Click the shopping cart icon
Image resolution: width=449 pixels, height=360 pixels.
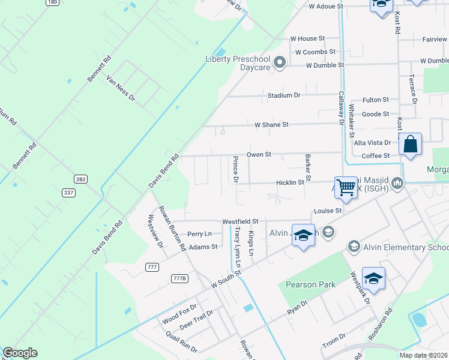tap(346, 188)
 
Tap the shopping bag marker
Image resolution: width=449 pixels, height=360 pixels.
tap(411, 145)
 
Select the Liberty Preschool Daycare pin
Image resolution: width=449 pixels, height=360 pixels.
tap(279, 62)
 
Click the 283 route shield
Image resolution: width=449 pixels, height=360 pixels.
tap(80, 179)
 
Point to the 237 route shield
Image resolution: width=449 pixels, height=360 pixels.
tap(70, 191)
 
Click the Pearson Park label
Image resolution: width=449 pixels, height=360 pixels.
tap(310, 284)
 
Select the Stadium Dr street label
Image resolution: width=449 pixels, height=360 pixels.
tap(284, 95)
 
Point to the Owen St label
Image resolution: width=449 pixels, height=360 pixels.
tap(259, 154)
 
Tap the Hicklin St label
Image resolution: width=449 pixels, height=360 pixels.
tap(290, 182)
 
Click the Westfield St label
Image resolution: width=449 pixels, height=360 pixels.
tap(240, 221)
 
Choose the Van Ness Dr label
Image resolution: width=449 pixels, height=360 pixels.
tap(121, 88)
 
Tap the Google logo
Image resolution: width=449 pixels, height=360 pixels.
tap(20, 353)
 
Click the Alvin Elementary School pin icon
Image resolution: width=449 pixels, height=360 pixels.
tap(354, 247)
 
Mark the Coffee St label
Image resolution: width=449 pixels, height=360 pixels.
tap(376, 156)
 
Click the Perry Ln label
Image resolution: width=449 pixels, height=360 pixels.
tap(199, 233)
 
